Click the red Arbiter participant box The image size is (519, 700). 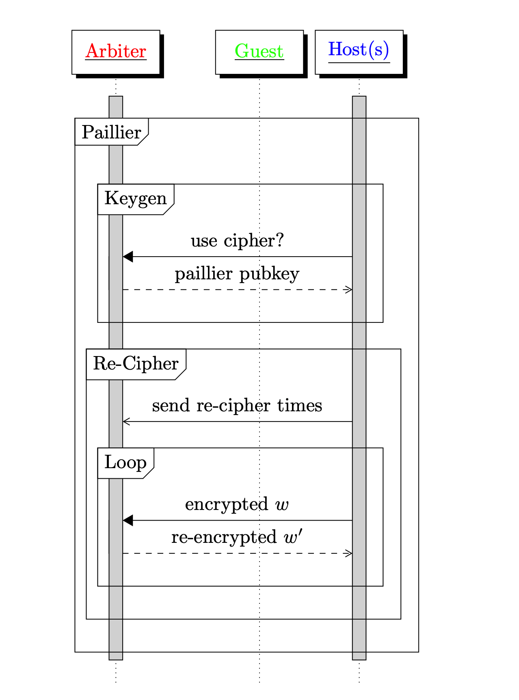tap(116, 52)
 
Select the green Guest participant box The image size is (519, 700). tap(259, 52)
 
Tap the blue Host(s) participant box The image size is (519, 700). tap(359, 52)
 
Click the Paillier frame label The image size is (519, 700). tap(111, 132)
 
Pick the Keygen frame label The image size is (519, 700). tap(136, 199)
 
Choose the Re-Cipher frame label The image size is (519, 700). tap(136, 363)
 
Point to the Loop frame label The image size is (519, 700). tap(125, 462)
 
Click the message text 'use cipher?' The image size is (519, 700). tap(237, 241)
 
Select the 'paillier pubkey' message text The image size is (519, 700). tap(237, 274)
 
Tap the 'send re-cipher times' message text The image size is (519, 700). tap(237, 406)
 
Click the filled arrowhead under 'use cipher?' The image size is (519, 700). tap(128, 257)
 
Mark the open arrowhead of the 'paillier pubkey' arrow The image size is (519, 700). tap(348, 290)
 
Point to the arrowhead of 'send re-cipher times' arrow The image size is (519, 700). tap(126, 421)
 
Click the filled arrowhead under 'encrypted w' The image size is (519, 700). tap(128, 520)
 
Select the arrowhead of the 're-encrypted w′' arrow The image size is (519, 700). tap(348, 553)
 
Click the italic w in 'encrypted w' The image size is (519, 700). tap(282, 505)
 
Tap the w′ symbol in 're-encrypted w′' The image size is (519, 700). tap(293, 537)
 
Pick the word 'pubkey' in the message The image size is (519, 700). tap(269, 274)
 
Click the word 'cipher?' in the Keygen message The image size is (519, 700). tap(254, 241)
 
